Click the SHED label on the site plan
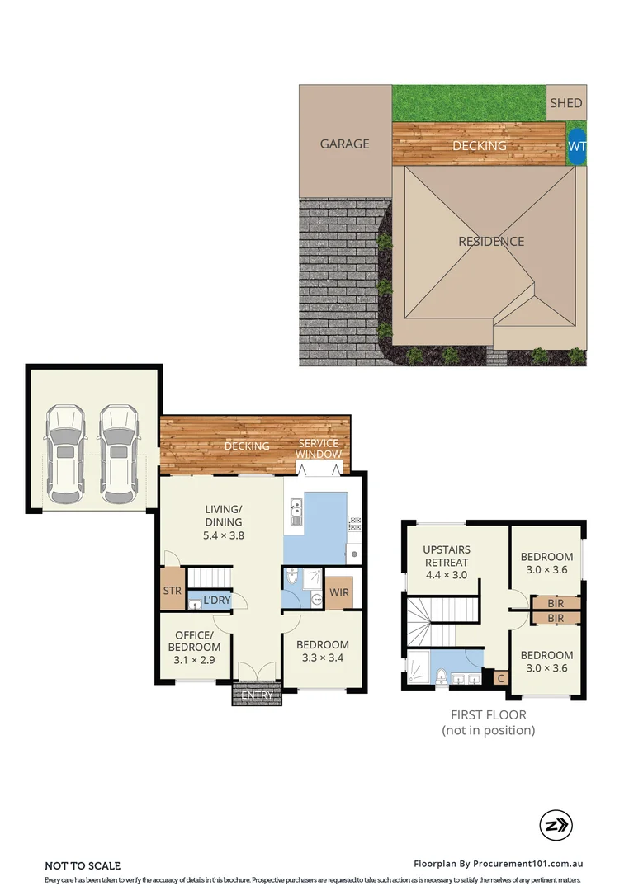(x=566, y=103)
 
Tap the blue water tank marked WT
(x=576, y=145)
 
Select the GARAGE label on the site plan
(x=344, y=144)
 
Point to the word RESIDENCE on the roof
(x=491, y=242)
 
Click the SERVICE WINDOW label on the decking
(x=319, y=449)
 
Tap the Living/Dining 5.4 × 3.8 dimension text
(x=224, y=535)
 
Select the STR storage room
(x=172, y=591)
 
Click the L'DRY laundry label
(x=216, y=600)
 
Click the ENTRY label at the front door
(x=257, y=695)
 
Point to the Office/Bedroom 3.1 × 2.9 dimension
(x=197, y=660)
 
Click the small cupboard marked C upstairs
(x=500, y=678)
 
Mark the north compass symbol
(x=556, y=825)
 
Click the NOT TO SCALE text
(x=83, y=865)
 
